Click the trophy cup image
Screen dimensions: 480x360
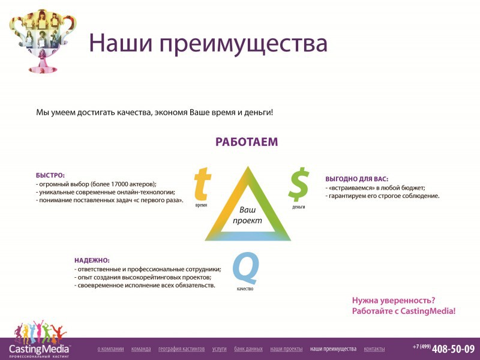pos(42,41)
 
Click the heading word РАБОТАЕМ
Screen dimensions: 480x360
pos(247,142)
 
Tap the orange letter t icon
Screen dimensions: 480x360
pos(202,184)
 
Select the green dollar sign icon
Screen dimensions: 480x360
pos(298,184)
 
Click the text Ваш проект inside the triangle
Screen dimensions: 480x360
pos(247,215)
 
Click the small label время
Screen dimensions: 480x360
pos(201,205)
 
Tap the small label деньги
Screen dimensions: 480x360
pos(298,207)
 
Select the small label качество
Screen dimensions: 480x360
pos(245,289)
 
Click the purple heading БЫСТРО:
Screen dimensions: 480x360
pos(50,176)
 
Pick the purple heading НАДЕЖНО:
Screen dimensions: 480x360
pos(92,260)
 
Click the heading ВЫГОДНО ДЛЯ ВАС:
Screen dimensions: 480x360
pos(356,179)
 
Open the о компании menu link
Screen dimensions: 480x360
pos(110,349)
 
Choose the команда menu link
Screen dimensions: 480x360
pos(141,349)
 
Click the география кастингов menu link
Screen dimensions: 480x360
pos(182,349)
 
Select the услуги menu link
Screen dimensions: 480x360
pos(220,349)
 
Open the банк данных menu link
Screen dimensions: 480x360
pos(248,349)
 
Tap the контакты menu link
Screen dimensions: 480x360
pos(374,349)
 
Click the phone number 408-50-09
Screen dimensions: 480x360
pos(454,349)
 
